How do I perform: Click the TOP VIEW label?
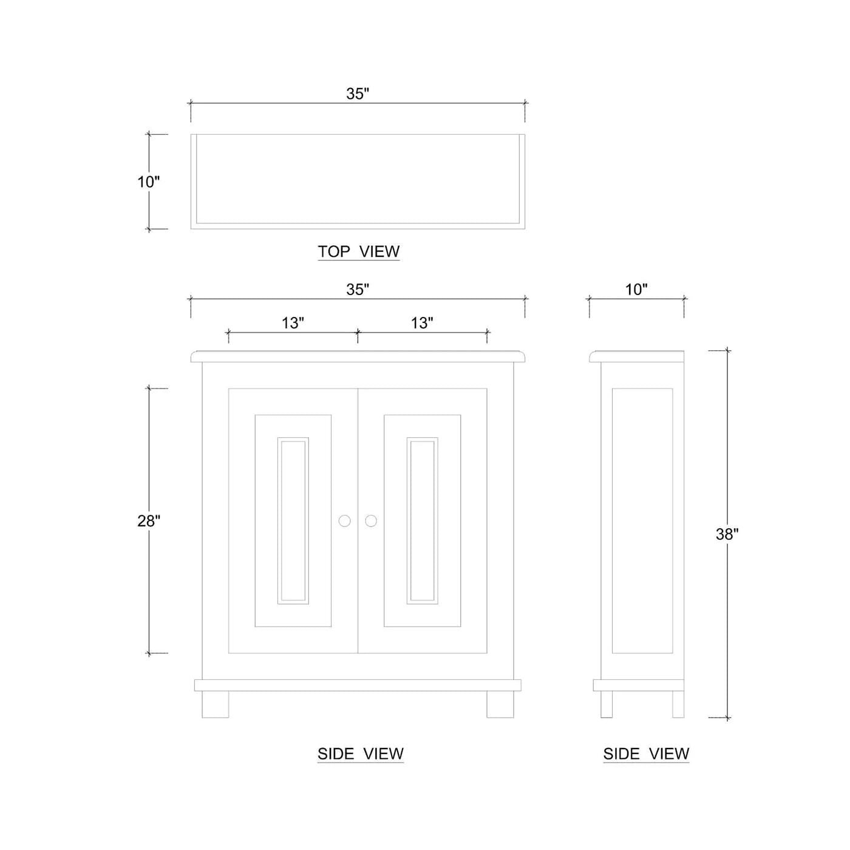359,251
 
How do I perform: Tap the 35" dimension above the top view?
357,94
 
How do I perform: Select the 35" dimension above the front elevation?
357,290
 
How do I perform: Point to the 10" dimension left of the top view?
148,182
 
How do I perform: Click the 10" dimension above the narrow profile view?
636,290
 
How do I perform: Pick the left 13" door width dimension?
293,323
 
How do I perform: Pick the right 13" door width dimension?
422,323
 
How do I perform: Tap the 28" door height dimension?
148,521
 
